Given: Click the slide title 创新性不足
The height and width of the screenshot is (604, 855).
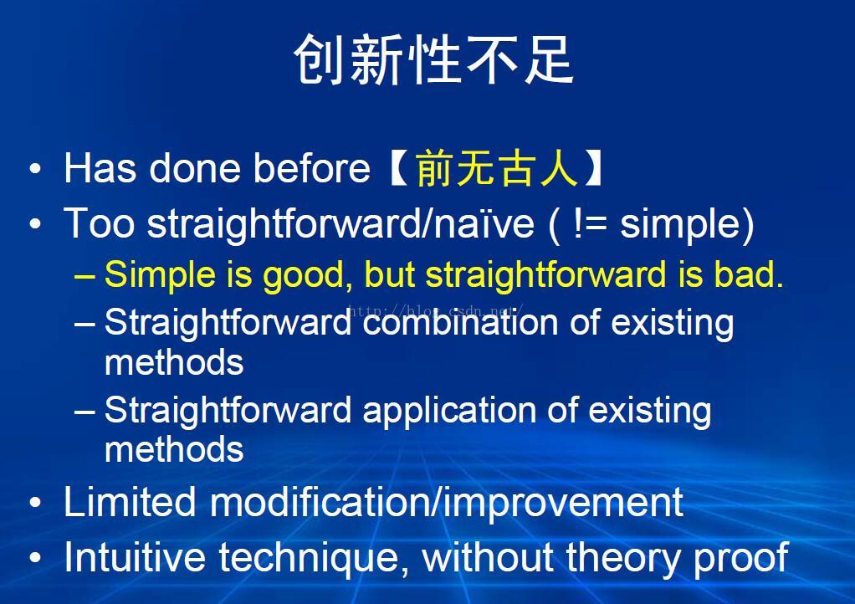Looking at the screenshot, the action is (433, 60).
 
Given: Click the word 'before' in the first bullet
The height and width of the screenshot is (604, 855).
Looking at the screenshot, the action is (312, 168).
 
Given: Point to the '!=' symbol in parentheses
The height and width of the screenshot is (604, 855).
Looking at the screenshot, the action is (591, 223).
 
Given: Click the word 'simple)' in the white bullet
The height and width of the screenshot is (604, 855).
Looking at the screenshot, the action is (687, 224).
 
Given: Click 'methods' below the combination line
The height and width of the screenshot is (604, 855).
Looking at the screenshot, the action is (174, 362).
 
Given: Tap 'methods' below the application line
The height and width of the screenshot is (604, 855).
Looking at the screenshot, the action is (174, 450).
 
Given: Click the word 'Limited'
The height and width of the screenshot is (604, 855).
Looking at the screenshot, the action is (130, 501).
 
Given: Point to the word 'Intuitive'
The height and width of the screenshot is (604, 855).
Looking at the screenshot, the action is (135, 557).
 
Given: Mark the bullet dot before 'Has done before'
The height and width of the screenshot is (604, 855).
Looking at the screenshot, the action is (35, 168).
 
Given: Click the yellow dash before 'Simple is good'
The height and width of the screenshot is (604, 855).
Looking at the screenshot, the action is (84, 276).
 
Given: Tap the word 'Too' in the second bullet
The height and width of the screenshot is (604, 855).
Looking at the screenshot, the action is (99, 223).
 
